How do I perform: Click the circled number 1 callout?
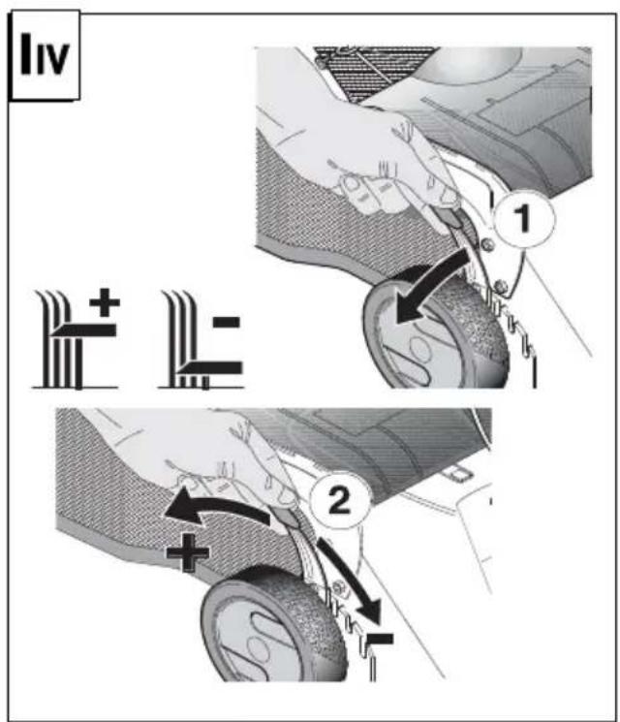524,219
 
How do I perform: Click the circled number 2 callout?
340,500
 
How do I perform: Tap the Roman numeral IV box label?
45,55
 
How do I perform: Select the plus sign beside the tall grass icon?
105,302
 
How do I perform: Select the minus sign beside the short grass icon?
227,322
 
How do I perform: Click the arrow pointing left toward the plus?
216,507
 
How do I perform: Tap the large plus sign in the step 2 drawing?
187,553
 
